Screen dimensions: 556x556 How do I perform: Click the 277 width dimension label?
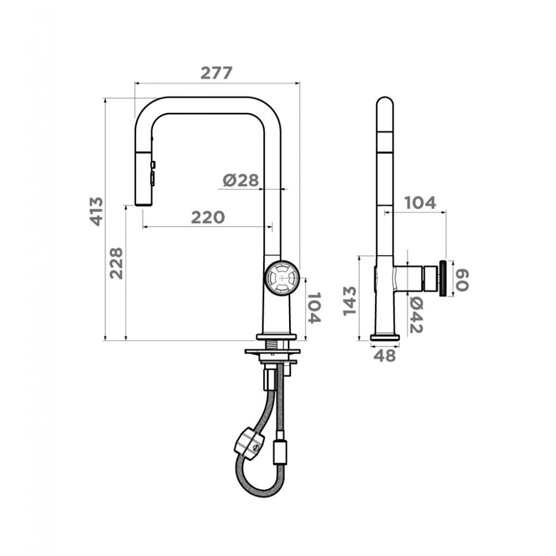216,73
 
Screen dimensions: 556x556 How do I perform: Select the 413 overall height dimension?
96,211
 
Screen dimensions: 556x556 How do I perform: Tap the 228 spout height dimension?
116,263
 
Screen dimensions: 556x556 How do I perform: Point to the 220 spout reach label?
208,217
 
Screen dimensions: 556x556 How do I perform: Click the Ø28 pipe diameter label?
241,181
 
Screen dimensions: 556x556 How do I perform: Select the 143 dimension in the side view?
349,301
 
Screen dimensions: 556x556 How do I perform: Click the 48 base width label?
384,356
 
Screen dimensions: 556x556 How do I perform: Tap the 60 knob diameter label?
462,280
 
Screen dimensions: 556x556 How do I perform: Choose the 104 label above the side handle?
420,203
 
